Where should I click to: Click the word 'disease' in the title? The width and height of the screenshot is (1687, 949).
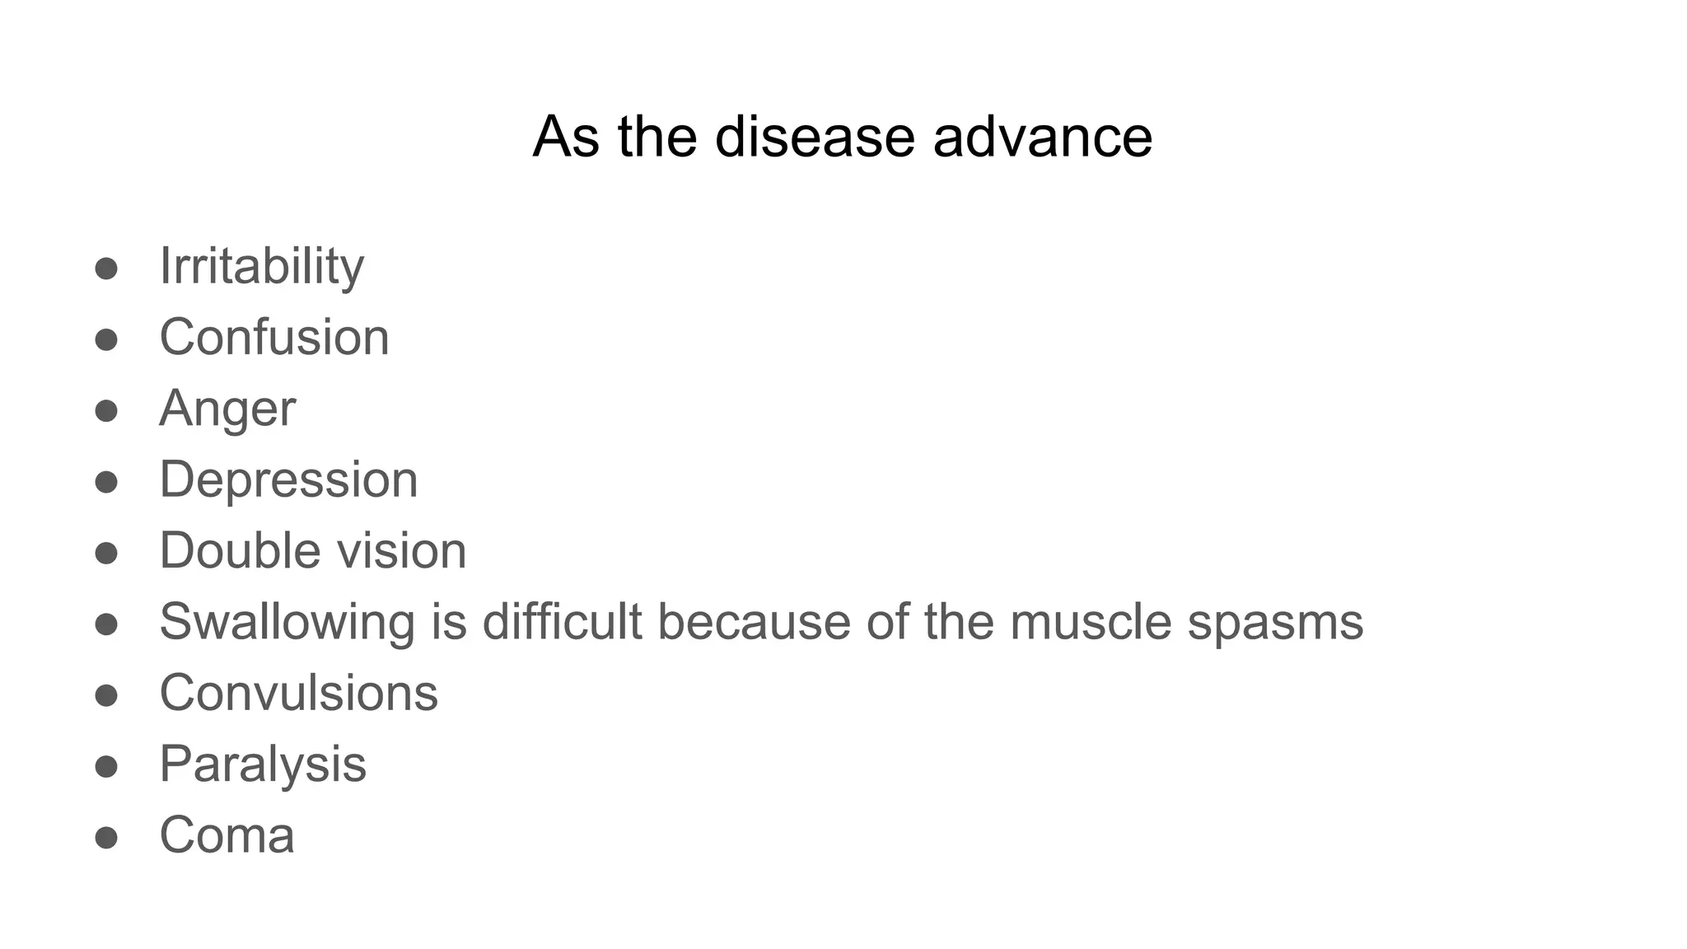(x=815, y=136)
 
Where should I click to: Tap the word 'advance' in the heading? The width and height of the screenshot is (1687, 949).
(x=1043, y=136)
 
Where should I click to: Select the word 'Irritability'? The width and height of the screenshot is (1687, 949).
(x=261, y=266)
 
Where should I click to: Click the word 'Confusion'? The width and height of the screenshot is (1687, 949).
(x=274, y=337)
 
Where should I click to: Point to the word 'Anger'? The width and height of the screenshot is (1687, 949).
(x=227, y=409)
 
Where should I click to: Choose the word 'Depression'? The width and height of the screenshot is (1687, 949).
(x=288, y=479)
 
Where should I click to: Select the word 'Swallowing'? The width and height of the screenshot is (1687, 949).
(x=287, y=622)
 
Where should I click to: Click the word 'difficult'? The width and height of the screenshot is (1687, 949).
(x=562, y=621)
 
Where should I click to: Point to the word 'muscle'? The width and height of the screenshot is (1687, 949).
(x=1091, y=621)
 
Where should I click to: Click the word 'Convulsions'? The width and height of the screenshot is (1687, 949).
(x=298, y=693)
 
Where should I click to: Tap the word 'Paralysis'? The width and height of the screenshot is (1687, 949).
(x=263, y=764)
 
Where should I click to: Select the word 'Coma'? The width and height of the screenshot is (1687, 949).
(x=227, y=835)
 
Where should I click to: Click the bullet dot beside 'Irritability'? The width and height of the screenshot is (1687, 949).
(x=106, y=269)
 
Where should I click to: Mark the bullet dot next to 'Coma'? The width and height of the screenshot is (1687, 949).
(x=106, y=838)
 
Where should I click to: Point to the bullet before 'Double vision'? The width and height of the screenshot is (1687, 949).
(x=106, y=553)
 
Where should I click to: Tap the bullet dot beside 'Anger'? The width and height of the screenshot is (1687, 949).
(x=106, y=410)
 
